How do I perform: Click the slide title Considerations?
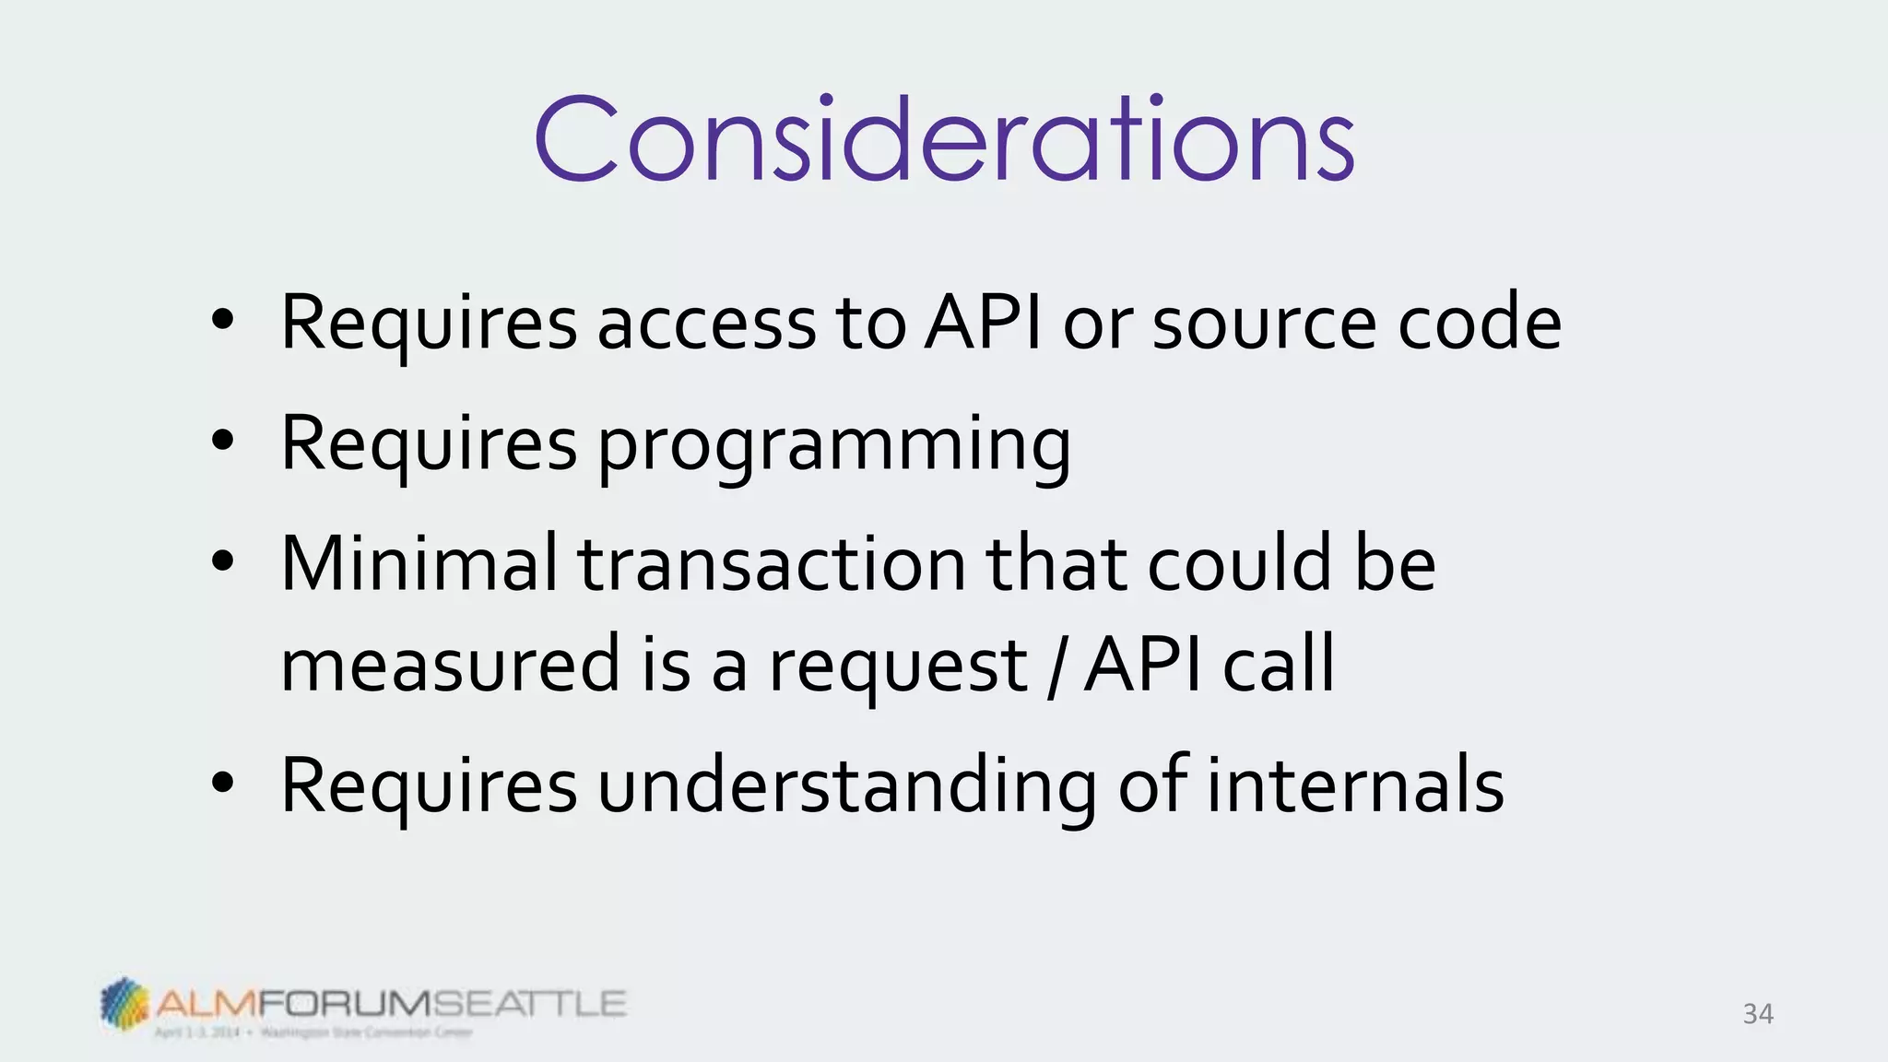[944, 140]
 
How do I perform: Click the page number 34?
[1757, 1014]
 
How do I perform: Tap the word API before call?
[1143, 664]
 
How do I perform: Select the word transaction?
[772, 564]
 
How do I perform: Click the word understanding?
[846, 785]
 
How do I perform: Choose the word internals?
[1355, 785]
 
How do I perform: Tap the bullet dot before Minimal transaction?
[222, 560]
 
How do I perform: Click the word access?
[706, 324]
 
